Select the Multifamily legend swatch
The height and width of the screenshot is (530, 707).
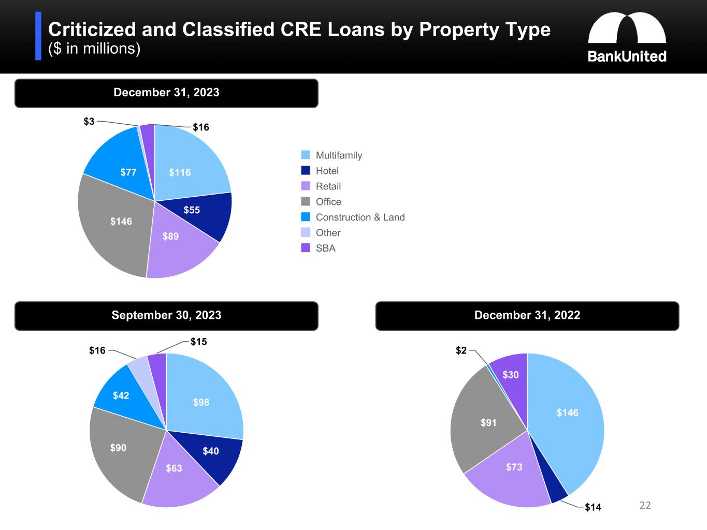[x=306, y=155]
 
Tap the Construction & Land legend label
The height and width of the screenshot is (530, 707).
[x=360, y=217]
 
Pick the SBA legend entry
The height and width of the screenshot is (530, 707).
[x=325, y=248]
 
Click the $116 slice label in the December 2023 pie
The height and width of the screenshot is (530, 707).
[x=180, y=172]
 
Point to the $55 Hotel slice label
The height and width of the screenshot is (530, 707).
[x=192, y=210]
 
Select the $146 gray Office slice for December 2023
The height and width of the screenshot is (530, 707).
[x=121, y=222]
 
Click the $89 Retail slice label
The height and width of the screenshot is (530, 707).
[x=170, y=237]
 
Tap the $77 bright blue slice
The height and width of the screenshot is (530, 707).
[x=128, y=172]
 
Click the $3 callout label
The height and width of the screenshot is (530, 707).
[x=89, y=122]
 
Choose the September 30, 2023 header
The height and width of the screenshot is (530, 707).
[x=166, y=316]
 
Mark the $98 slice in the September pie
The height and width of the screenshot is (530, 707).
[x=201, y=402]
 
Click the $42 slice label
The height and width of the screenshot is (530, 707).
[x=121, y=396]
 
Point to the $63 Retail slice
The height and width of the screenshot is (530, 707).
[x=174, y=468]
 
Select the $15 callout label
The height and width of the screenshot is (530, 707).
[x=198, y=342]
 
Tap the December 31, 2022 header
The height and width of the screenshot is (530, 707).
[x=527, y=316]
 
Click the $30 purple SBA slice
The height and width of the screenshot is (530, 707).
[x=511, y=375]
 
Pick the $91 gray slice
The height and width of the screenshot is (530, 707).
[x=488, y=423]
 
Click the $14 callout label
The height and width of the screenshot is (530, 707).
[x=593, y=507]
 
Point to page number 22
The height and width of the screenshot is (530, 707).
[x=645, y=506]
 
